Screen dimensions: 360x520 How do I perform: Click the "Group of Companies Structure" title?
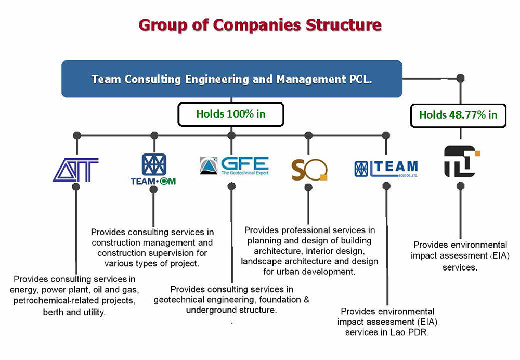[260, 24]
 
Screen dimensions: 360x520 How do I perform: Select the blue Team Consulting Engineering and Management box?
[231, 79]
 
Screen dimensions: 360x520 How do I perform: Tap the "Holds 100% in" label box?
[231, 114]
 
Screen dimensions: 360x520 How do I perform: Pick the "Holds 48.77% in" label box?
[458, 115]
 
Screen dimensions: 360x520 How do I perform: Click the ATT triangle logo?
[75, 170]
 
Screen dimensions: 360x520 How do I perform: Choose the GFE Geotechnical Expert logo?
[234, 165]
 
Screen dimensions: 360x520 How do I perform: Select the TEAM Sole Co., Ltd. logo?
[386, 169]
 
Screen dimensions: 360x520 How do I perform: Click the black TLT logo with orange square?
[461, 161]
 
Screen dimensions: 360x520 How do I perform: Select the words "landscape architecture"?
[281, 261]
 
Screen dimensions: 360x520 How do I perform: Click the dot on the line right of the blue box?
[460, 79]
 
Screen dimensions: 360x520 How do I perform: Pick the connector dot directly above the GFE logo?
[232, 135]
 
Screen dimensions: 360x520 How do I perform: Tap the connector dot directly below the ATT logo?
[76, 186]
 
